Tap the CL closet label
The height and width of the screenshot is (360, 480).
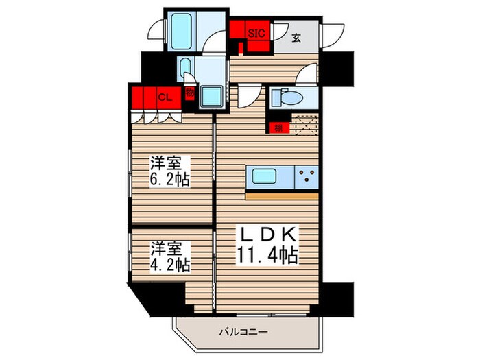[x=165, y=97]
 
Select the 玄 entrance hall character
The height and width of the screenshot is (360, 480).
[x=296, y=38]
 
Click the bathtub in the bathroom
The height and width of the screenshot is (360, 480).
[x=184, y=31]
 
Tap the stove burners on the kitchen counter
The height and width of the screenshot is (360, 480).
[x=306, y=177]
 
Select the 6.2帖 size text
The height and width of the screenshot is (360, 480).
[x=170, y=180]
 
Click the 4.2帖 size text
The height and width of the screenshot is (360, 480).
[x=170, y=263]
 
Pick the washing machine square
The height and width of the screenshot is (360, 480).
[x=211, y=97]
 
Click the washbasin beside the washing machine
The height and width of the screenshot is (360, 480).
[x=188, y=69]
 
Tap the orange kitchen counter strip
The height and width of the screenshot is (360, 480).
[x=282, y=195]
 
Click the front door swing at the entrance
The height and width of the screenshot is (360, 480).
[x=336, y=33]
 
